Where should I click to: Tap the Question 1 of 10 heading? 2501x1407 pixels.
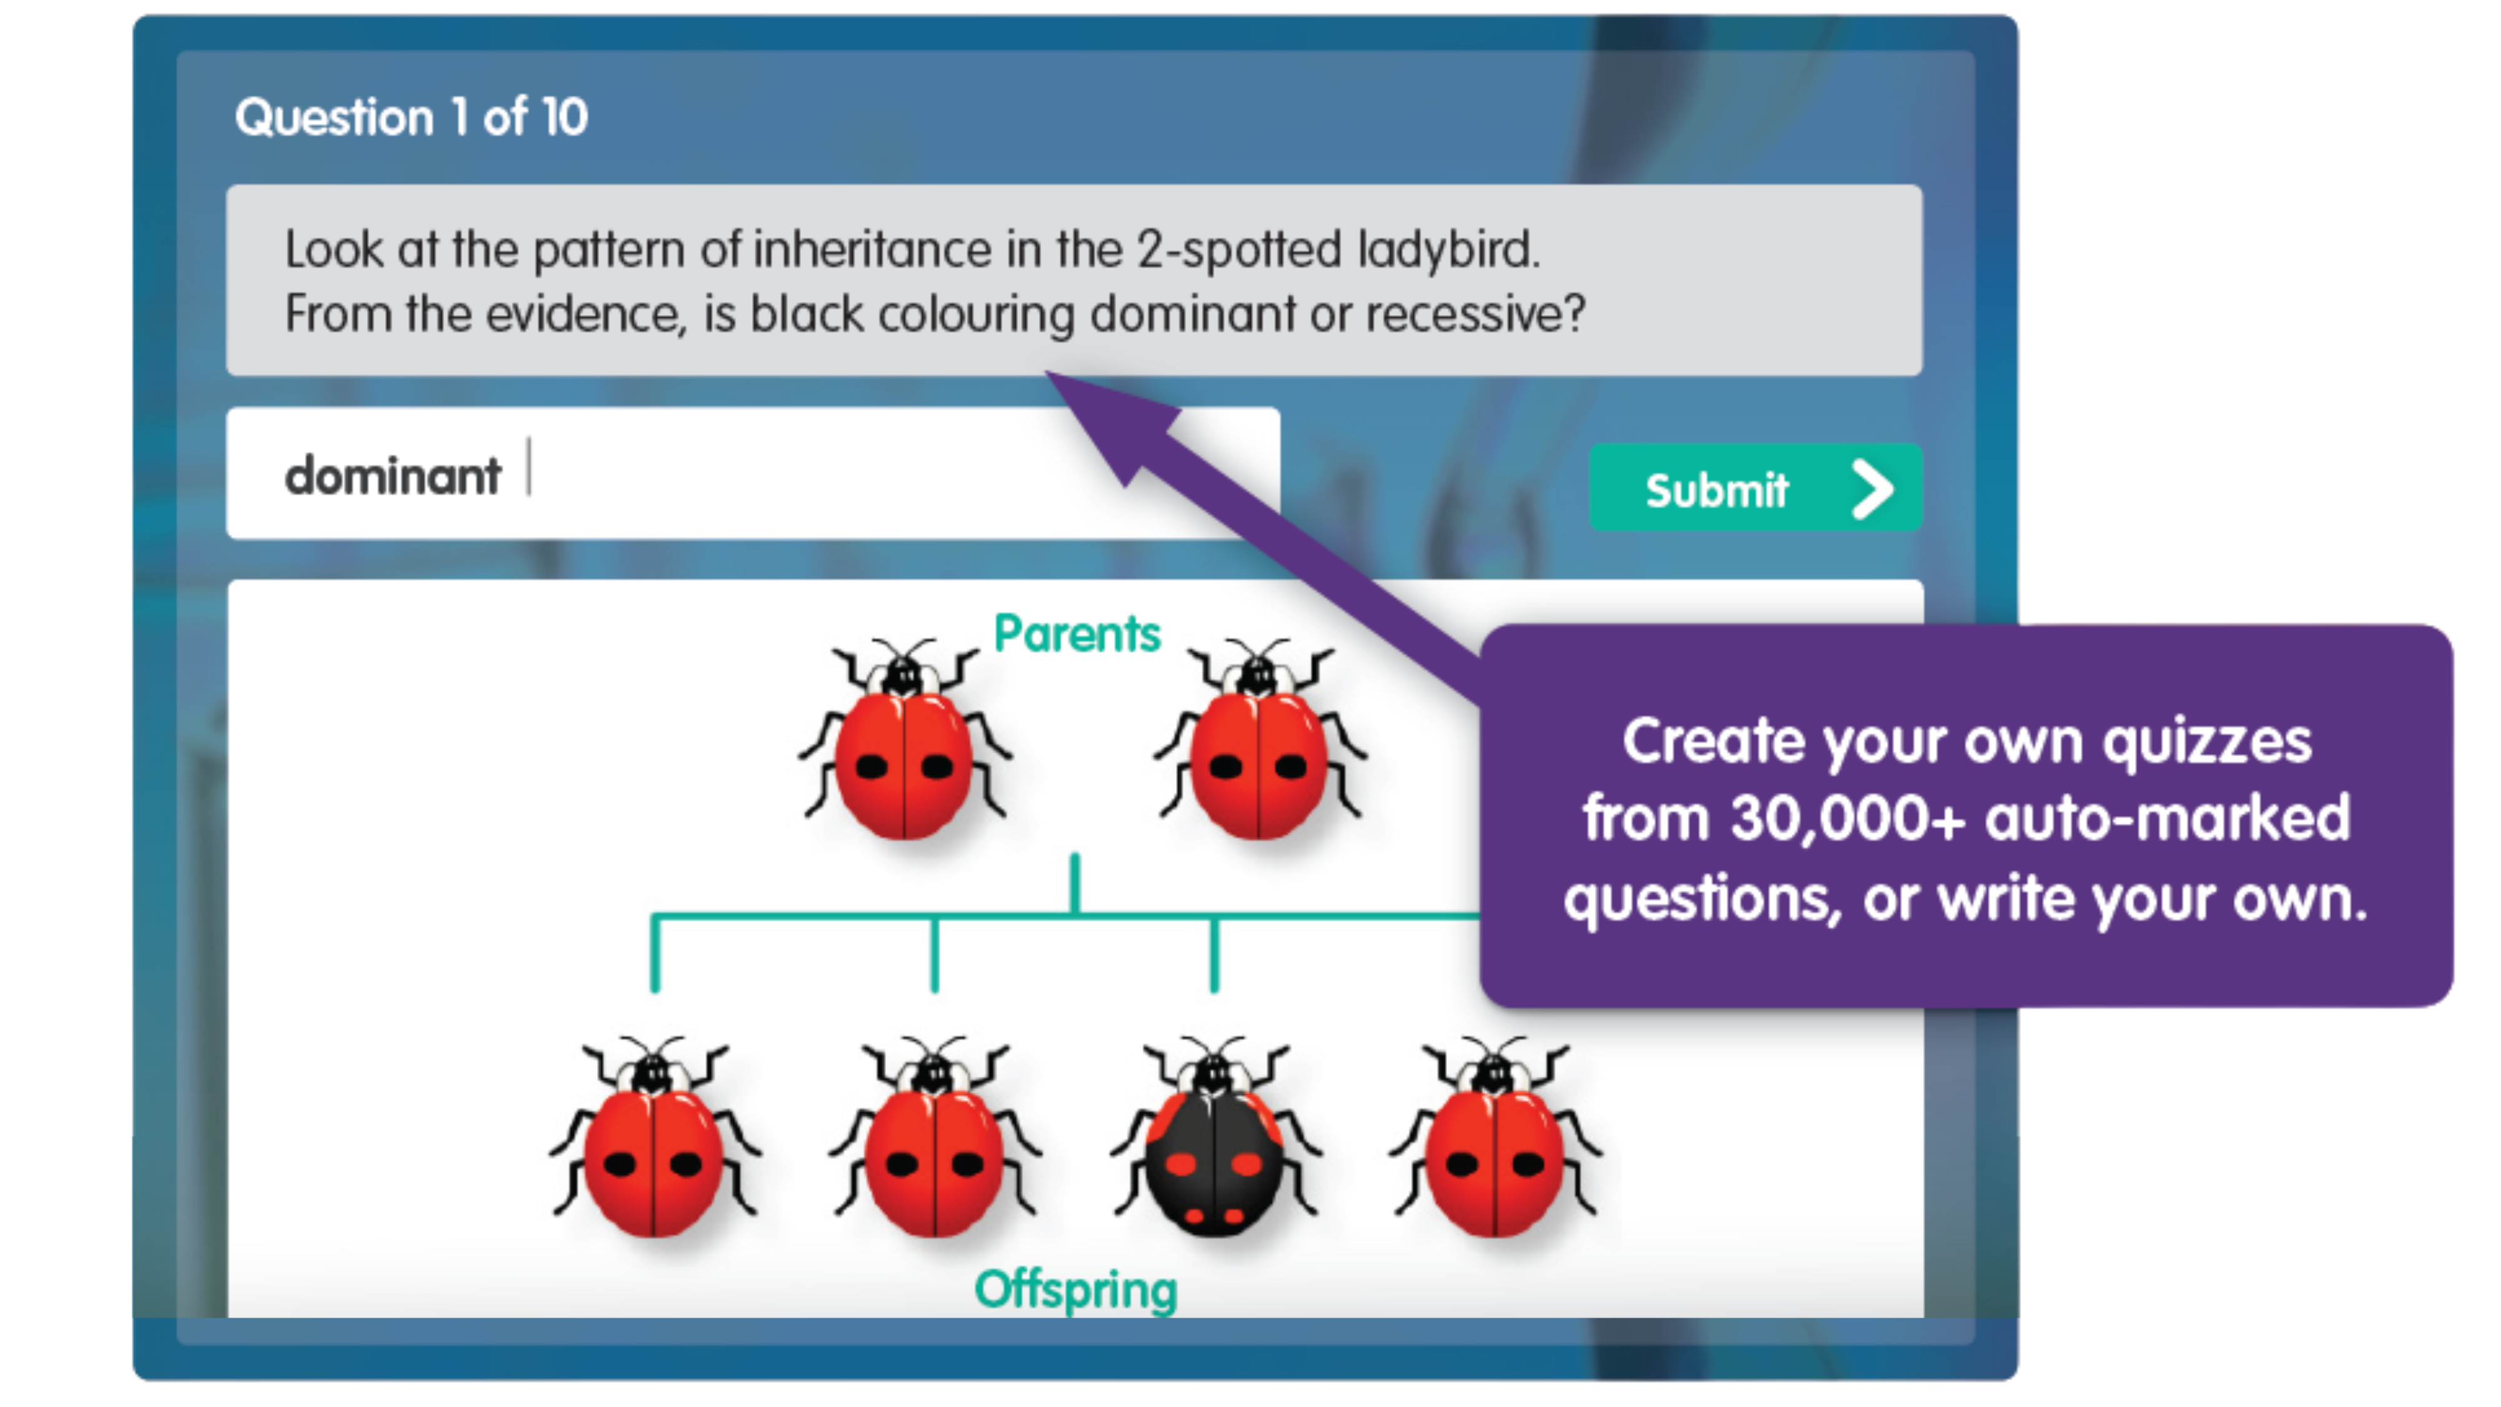411,118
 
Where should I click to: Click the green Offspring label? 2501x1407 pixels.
1075,1289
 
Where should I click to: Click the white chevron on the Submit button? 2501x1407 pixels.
1873,488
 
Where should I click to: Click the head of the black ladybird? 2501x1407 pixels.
1212,1074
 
